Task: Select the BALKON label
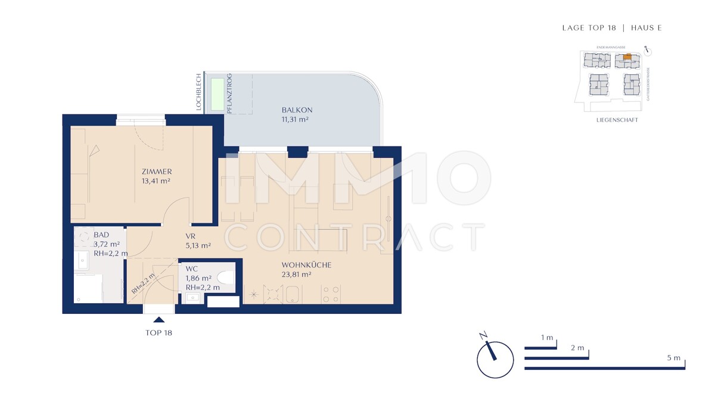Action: [297, 110]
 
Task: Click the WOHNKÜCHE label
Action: [306, 265]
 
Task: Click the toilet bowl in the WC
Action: [226, 277]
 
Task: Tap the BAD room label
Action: [101, 235]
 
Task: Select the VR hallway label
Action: [191, 236]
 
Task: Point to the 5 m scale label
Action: [673, 358]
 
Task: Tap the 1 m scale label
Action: [547, 338]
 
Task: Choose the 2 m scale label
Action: [577, 347]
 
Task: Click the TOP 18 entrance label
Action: [158, 333]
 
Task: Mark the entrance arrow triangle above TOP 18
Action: [159, 320]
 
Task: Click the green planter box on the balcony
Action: [216, 94]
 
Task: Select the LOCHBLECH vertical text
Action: [199, 92]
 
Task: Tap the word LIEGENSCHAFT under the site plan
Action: [617, 120]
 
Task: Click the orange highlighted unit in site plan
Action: [626, 57]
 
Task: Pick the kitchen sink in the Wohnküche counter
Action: [291, 294]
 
